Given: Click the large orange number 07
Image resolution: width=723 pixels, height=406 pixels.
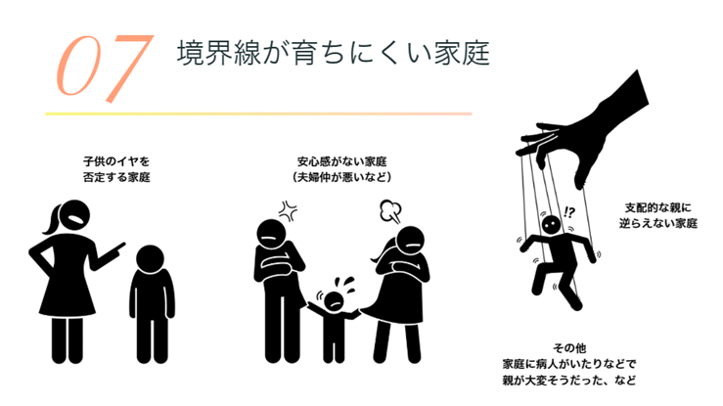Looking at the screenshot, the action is point(105,68).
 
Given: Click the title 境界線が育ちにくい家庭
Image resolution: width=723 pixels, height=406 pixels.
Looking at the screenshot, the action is point(333,53).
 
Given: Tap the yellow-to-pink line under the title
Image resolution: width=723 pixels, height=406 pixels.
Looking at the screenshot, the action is point(258,113).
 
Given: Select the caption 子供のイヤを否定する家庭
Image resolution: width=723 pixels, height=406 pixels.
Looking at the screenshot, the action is point(116,169).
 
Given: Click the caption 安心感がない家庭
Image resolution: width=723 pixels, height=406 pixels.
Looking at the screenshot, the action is point(341,161).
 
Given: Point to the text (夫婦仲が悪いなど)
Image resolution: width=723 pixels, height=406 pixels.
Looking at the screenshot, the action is point(341,177).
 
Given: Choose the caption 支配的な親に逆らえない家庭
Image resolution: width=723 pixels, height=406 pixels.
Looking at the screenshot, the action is point(658,215).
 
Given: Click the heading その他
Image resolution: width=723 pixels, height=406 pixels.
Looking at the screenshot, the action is point(569,348).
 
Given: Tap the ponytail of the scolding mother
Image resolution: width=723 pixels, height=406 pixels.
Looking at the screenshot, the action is point(52,220).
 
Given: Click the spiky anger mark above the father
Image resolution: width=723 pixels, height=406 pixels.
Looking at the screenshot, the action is point(288,211).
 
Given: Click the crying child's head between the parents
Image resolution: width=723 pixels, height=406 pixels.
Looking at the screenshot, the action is point(334,301).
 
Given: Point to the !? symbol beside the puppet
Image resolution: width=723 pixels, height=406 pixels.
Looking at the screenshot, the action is point(569,212).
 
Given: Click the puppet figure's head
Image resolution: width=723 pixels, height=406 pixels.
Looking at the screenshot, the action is point(551,225).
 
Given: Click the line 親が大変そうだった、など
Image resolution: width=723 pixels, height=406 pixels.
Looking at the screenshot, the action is point(569,381).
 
